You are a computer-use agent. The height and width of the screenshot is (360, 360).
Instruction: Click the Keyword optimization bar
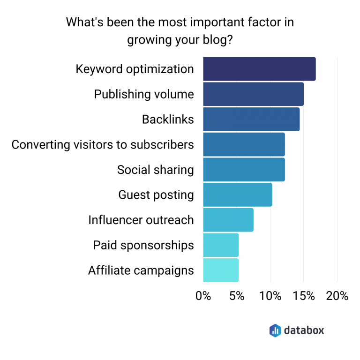(259, 69)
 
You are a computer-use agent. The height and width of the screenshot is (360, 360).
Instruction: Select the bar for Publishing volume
(253, 94)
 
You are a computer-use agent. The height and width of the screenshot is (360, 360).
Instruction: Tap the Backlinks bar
(251, 119)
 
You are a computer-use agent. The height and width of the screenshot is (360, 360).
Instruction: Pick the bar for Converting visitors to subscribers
(244, 144)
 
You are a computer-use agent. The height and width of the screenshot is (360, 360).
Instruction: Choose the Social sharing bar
(244, 169)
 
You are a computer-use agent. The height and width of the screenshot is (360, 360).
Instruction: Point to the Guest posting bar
(238, 195)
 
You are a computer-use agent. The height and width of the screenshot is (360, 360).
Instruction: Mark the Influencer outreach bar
(228, 220)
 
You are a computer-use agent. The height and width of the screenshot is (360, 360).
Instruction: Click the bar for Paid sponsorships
(221, 245)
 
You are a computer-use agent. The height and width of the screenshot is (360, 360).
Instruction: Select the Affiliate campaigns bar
(221, 270)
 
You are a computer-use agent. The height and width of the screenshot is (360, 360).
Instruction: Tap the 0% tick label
(203, 296)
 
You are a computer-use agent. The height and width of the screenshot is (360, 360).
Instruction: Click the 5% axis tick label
(237, 296)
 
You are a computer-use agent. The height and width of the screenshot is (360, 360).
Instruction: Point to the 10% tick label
(270, 296)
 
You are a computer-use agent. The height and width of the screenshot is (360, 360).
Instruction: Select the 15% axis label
(304, 296)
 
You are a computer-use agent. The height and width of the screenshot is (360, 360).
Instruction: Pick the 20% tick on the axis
(337, 296)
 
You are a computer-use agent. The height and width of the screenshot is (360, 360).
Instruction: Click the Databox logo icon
(275, 330)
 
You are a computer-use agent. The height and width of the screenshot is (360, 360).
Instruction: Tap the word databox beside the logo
(304, 330)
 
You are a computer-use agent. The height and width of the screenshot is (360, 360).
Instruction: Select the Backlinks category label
(168, 120)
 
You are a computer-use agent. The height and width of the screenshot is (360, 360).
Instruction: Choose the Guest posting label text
(156, 195)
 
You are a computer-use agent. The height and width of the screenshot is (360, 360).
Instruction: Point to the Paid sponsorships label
(143, 245)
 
